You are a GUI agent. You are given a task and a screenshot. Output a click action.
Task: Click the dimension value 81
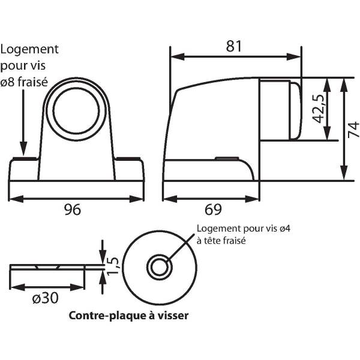point(234,46)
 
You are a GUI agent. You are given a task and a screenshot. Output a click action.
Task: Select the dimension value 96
point(73,209)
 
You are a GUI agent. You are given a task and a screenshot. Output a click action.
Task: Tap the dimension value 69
point(213,209)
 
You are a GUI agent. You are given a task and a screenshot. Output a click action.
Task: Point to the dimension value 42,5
point(319,109)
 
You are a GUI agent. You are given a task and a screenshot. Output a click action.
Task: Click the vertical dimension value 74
point(353,130)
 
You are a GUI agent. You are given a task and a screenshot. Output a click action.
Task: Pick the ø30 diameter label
point(46,298)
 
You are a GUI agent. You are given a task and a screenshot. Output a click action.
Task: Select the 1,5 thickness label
point(113,266)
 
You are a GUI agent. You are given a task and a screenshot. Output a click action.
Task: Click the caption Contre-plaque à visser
point(128,316)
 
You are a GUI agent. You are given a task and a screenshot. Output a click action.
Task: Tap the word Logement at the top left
point(29,50)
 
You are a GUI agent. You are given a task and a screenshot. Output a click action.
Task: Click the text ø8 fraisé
point(24,82)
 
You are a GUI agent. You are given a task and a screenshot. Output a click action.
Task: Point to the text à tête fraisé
point(221,241)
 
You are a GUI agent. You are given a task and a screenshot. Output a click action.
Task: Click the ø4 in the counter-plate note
point(285,229)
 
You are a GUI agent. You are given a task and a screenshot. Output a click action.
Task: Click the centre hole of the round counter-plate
point(160,267)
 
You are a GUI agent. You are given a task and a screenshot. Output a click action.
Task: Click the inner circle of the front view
point(76,110)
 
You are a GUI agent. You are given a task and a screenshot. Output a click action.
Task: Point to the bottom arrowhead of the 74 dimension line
point(344,173)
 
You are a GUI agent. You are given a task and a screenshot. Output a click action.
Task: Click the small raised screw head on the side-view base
point(227,158)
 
